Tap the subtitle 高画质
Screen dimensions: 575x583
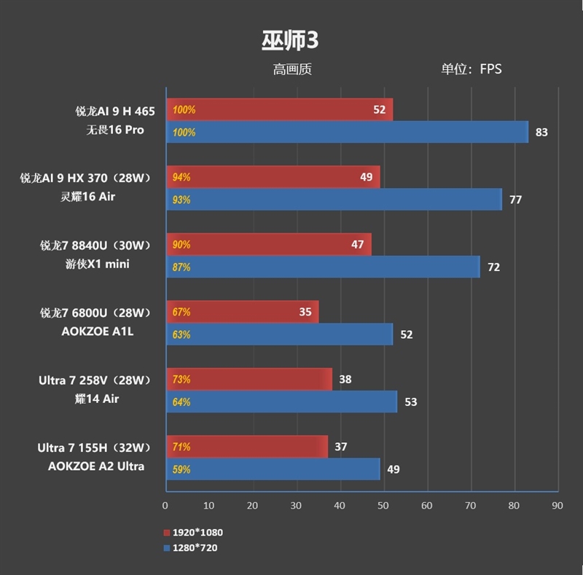click(x=292, y=70)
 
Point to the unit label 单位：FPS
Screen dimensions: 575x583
click(x=471, y=70)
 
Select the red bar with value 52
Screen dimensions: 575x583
click(x=279, y=110)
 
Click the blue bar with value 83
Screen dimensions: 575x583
click(x=347, y=133)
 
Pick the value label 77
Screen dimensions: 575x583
click(x=515, y=200)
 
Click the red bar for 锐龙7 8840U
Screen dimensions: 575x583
click(x=268, y=245)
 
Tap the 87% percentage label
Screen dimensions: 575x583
click(x=181, y=267)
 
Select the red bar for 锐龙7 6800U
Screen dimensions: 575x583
click(x=242, y=312)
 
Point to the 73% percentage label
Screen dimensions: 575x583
click(x=181, y=380)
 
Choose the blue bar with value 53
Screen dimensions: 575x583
click(x=281, y=402)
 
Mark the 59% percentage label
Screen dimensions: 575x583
click(x=181, y=470)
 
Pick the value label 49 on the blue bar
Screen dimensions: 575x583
click(x=393, y=469)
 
